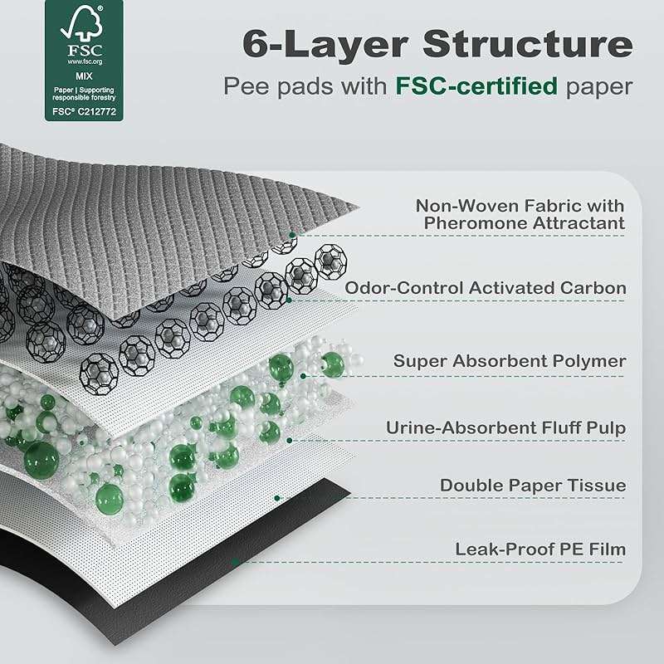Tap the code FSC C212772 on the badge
coord(84,112)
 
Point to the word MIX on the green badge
coord(84,76)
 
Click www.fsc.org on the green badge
coord(85,61)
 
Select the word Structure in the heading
coord(528,44)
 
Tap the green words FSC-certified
coord(476,85)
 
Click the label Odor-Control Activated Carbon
coord(486,288)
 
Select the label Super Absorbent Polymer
coord(510,361)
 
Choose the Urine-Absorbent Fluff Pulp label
coord(505,427)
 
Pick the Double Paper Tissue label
coord(533,486)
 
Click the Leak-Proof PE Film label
coord(540,549)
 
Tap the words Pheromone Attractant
coord(525,223)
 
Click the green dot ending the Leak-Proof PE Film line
coord(236,562)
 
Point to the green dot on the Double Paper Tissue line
coord(277,498)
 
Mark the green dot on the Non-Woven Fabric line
coord(292,235)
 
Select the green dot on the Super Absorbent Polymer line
coord(303,376)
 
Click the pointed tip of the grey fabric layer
coord(359,207)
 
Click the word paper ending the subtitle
coord(598,88)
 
